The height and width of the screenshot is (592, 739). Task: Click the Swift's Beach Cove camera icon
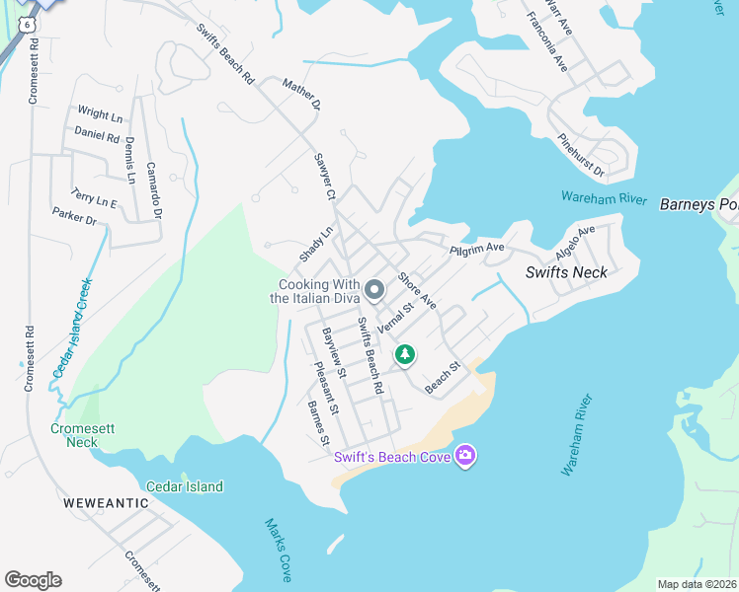click(x=465, y=455)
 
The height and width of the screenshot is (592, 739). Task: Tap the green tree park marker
click(x=404, y=354)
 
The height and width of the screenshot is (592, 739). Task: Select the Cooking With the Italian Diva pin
click(x=374, y=290)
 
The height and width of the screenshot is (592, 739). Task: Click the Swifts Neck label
click(x=566, y=272)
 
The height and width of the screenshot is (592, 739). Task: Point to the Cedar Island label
click(x=185, y=486)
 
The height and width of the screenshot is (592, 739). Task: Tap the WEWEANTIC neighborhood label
click(x=106, y=502)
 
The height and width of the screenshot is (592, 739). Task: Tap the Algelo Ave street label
click(x=575, y=242)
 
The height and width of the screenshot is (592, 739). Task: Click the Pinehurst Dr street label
click(x=581, y=157)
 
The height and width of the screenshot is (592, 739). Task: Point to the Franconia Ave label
click(x=547, y=41)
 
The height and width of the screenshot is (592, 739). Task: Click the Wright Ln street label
click(x=99, y=114)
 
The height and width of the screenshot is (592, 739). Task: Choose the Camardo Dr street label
click(x=153, y=189)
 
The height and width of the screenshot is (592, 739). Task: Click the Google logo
click(x=33, y=579)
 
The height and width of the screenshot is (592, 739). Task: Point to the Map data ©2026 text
click(x=696, y=584)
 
